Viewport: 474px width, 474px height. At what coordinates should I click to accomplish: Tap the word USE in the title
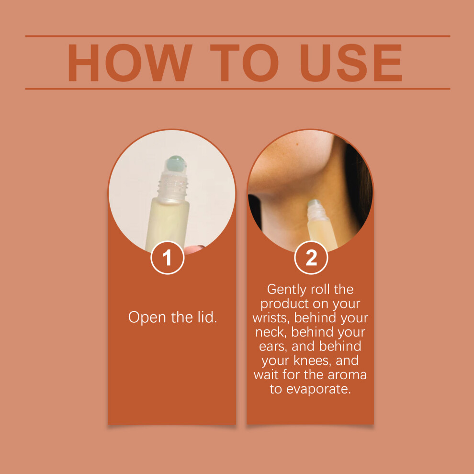(x=350, y=63)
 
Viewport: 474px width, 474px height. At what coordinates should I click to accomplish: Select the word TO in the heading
(x=244, y=63)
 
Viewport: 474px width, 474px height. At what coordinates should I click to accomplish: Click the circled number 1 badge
(x=167, y=258)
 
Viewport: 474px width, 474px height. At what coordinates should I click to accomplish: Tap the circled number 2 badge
(x=311, y=258)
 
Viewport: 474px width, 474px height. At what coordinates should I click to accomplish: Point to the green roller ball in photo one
(x=176, y=164)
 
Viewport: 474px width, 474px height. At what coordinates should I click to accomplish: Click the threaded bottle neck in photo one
(x=172, y=187)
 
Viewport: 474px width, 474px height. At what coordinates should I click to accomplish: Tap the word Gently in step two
(x=287, y=290)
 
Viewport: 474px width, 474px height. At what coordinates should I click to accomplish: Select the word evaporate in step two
(x=318, y=389)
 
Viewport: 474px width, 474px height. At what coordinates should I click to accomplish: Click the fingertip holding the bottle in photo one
(x=193, y=250)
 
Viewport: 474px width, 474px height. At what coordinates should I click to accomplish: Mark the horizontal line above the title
(x=237, y=36)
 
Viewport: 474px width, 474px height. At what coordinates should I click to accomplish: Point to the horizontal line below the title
(x=237, y=89)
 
